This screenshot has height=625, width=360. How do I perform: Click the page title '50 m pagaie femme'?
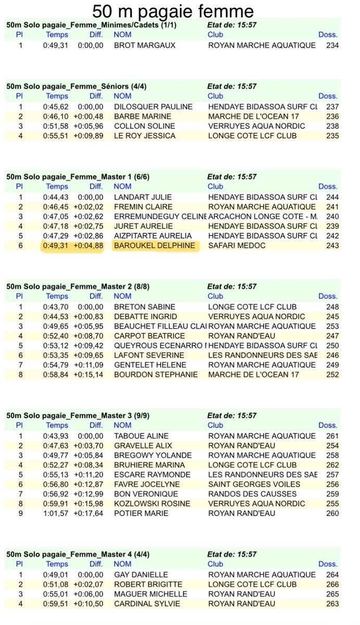pyautogui.click(x=173, y=11)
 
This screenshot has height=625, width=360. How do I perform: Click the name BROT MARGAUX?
pyautogui.click(x=145, y=45)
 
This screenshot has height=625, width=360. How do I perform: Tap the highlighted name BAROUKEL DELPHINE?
pyautogui.click(x=155, y=246)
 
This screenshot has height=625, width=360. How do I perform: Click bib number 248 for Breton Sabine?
pyautogui.click(x=332, y=307)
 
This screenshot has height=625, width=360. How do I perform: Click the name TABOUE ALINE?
pyautogui.click(x=141, y=436)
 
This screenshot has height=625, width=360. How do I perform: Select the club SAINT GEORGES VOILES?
pyautogui.click(x=254, y=484)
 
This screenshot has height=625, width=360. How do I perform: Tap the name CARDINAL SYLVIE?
pyautogui.click(x=147, y=604)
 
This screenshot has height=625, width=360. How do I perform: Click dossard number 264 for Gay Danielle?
pyautogui.click(x=332, y=575)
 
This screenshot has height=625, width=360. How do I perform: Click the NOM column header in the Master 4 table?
pyautogui.click(x=122, y=564)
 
